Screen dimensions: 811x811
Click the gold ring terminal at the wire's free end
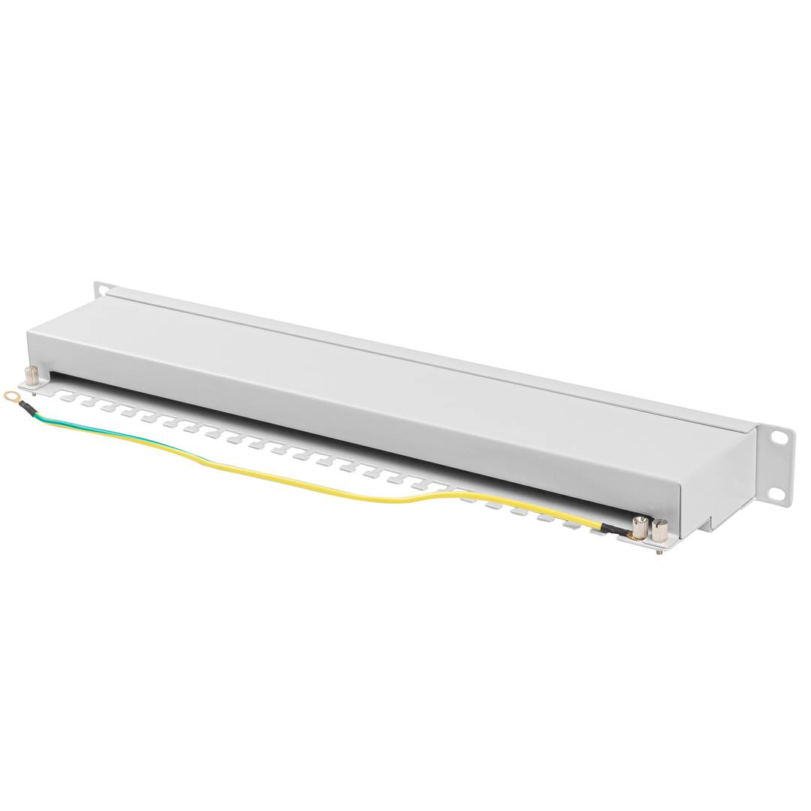click(x=10, y=393)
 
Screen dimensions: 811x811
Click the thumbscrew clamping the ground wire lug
click(x=639, y=527)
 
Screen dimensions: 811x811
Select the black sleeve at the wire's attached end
click(x=617, y=528)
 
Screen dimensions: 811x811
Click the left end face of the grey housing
click(x=39, y=345)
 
